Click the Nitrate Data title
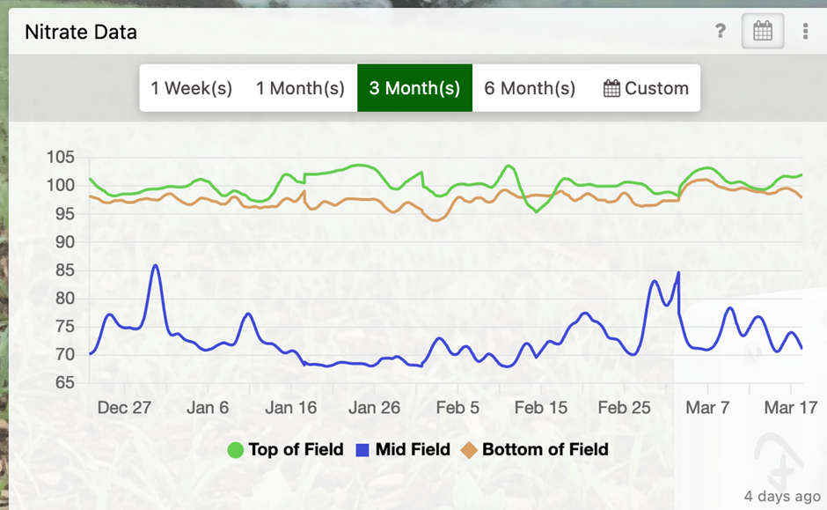pyautogui.click(x=81, y=33)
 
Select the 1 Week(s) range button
pyautogui.click(x=191, y=88)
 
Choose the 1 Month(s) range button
pyautogui.click(x=300, y=88)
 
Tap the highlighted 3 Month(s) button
pyautogui.click(x=414, y=88)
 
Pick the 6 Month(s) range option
pyautogui.click(x=530, y=88)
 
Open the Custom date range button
pyautogui.click(x=646, y=88)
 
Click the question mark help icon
pyautogui.click(x=721, y=33)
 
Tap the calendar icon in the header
pyautogui.click(x=763, y=33)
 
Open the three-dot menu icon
pyautogui.click(x=805, y=33)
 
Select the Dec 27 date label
pyautogui.click(x=124, y=408)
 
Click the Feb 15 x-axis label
pyautogui.click(x=540, y=408)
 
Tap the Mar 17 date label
pyautogui.click(x=789, y=408)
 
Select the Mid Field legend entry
pyautogui.click(x=403, y=450)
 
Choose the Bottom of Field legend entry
pyautogui.click(x=535, y=450)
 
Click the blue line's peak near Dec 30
pyautogui.click(x=156, y=265)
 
